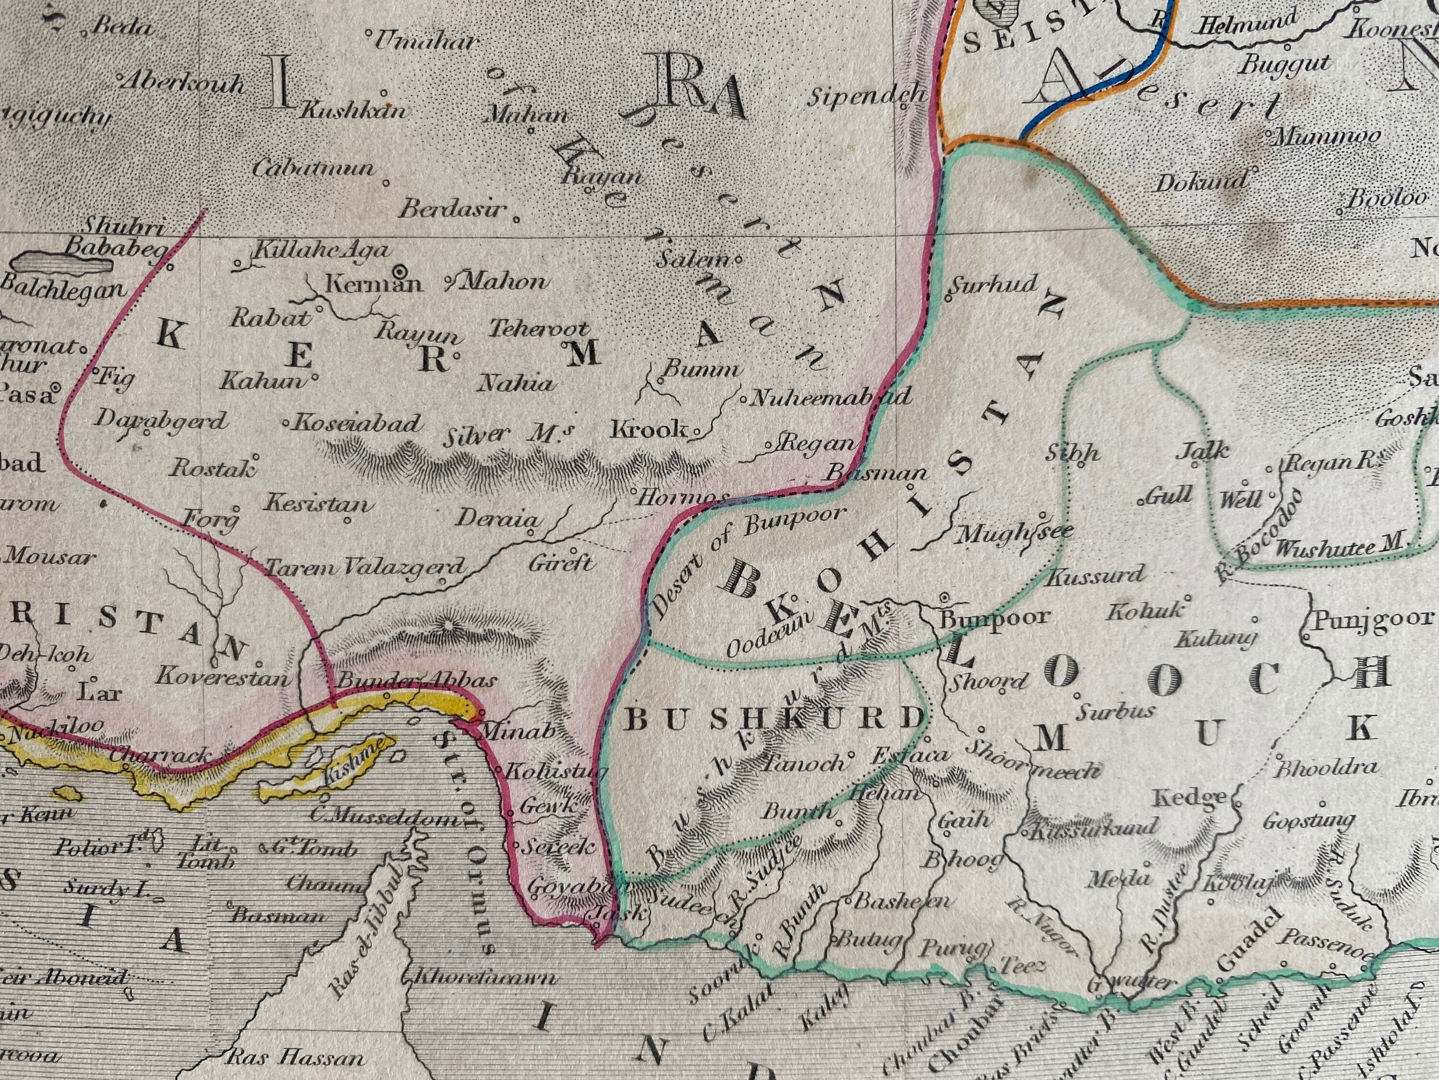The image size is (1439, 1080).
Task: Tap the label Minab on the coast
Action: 517,732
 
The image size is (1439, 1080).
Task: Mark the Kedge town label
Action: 1189,797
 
